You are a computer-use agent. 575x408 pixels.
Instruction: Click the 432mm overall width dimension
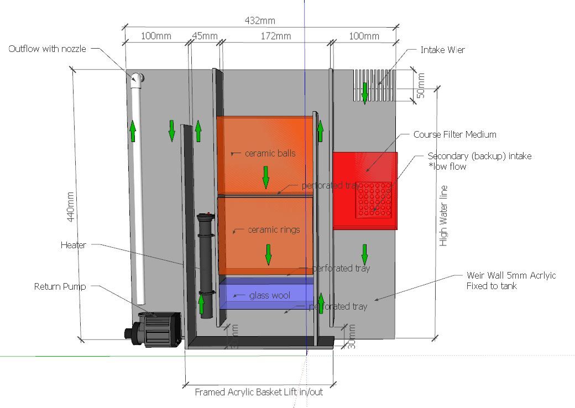point(259,21)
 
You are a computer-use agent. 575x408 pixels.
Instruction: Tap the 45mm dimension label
point(204,36)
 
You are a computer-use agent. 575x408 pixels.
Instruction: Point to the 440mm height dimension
point(71,207)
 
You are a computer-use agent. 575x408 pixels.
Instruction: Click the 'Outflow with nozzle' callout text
point(47,49)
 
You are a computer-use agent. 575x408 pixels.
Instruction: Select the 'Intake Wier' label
point(442,50)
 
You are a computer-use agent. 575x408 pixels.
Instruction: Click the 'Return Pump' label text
point(60,286)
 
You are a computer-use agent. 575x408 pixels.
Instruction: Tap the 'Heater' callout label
point(73,244)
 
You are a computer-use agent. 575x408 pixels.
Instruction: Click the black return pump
point(155,329)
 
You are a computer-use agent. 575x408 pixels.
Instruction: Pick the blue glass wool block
point(266,294)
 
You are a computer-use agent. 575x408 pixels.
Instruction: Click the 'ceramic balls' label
point(270,153)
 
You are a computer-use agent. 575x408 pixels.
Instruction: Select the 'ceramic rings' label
point(273,229)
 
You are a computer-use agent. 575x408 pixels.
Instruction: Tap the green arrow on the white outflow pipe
point(133,131)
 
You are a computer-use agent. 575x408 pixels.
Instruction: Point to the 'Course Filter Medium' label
point(454,134)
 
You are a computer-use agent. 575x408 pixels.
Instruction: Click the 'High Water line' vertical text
point(443,216)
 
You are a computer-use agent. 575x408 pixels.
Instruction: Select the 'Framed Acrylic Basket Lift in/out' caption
point(259,392)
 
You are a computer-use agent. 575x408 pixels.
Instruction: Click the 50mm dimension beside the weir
point(421,86)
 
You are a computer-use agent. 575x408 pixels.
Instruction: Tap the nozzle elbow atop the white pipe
point(137,79)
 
